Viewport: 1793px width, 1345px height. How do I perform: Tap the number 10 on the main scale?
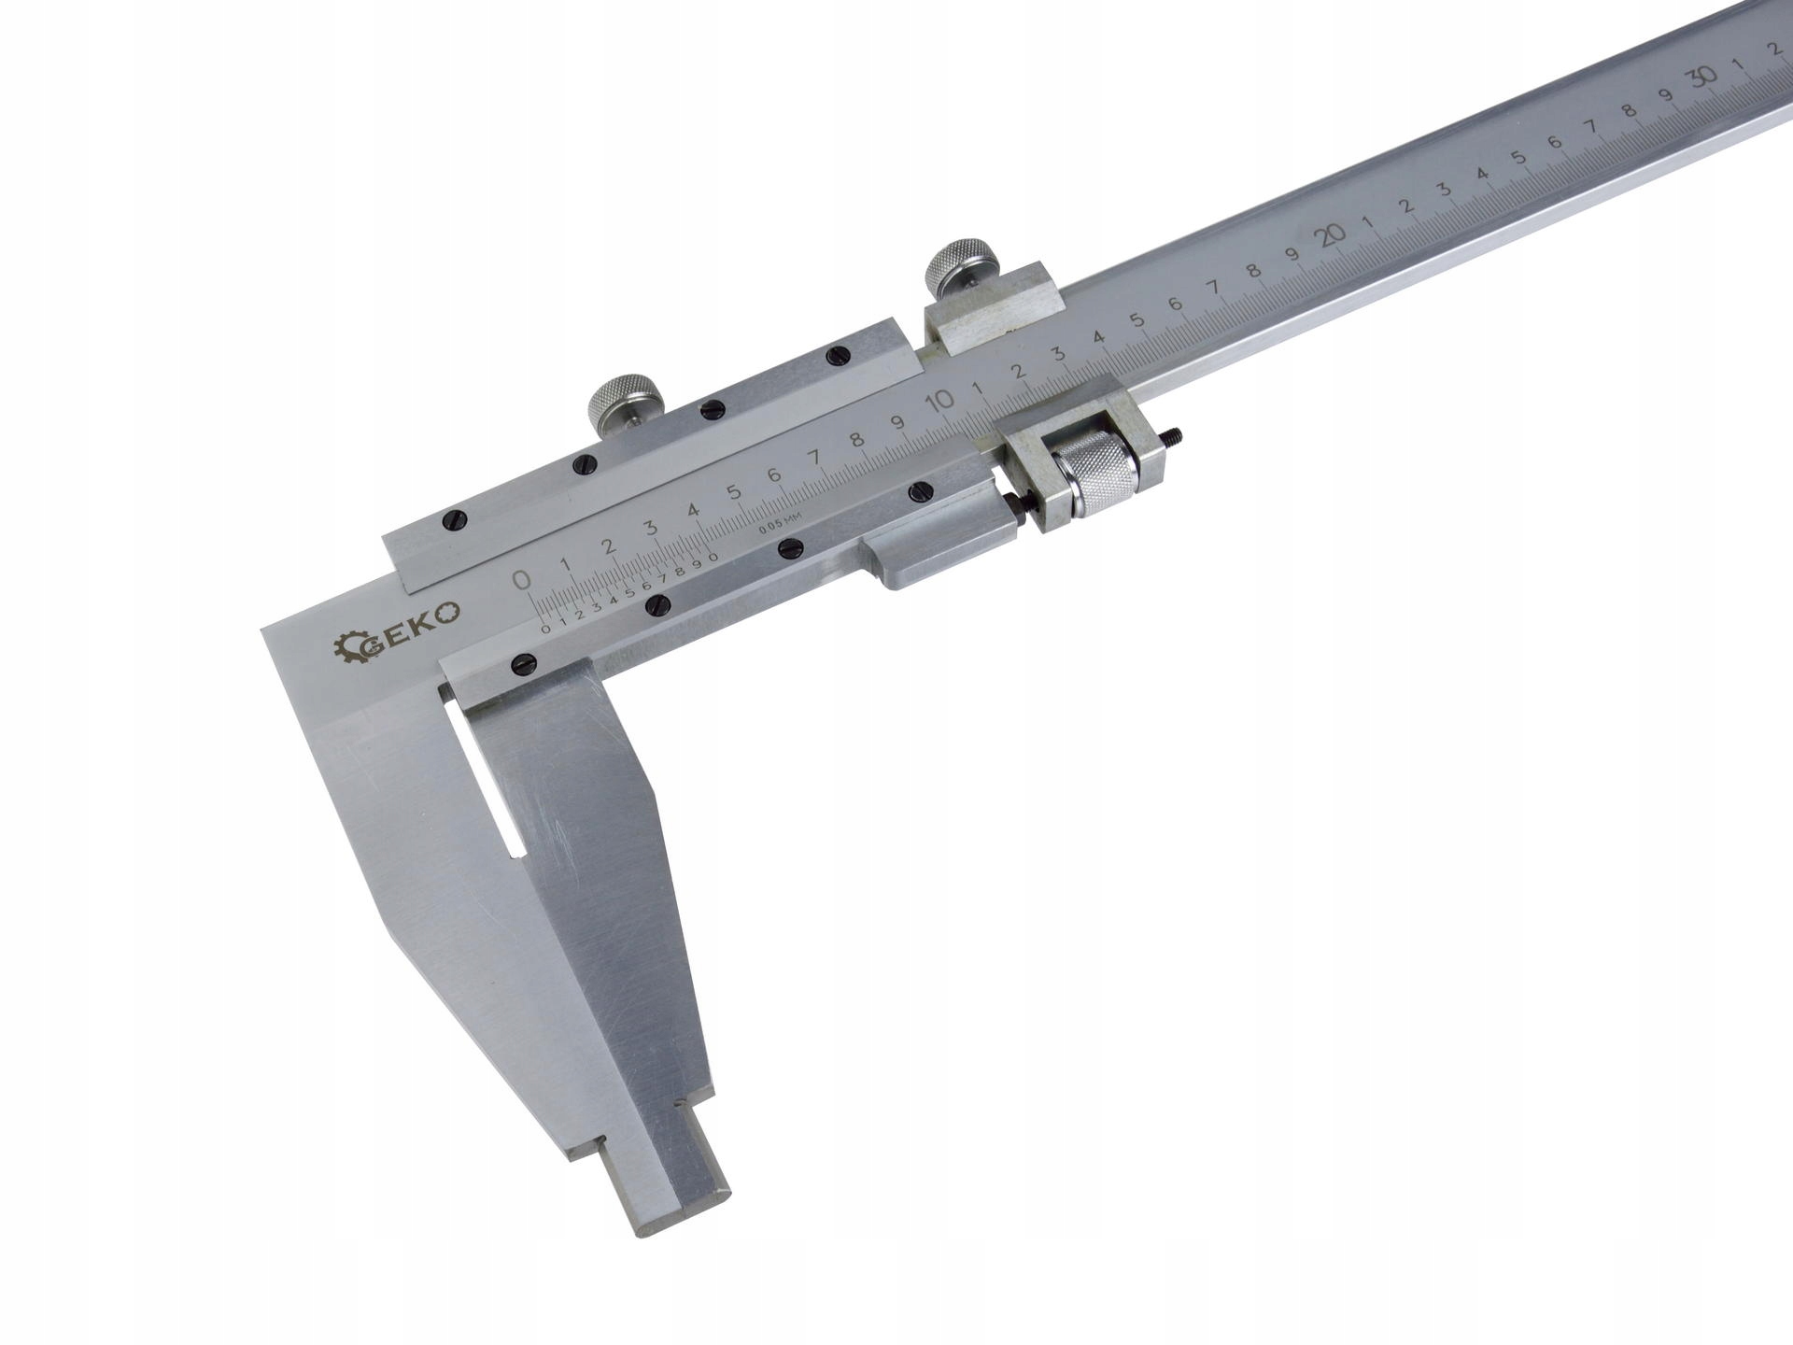[940, 401]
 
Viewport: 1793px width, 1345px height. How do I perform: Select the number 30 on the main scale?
[1705, 78]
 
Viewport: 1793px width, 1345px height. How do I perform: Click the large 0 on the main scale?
[523, 579]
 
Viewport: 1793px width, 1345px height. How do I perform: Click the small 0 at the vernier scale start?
[546, 628]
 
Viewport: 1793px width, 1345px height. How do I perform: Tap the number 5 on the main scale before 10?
[734, 491]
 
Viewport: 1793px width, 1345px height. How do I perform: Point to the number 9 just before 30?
[1665, 95]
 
